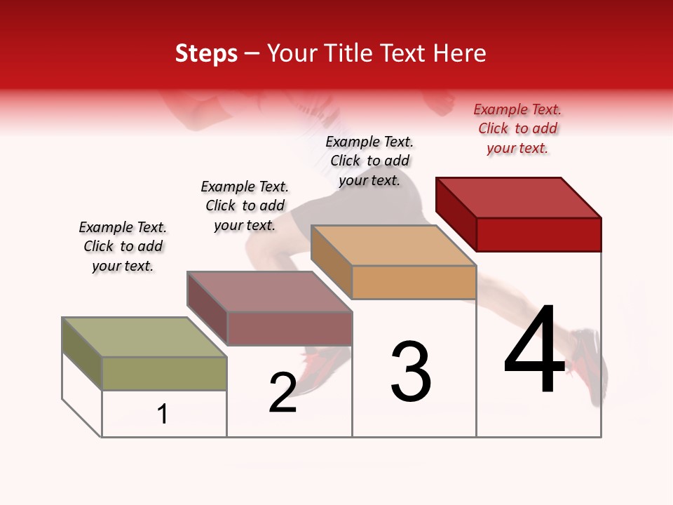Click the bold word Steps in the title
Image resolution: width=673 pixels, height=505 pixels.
pyautogui.click(x=206, y=53)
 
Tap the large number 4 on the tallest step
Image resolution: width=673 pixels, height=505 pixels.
pyautogui.click(x=534, y=349)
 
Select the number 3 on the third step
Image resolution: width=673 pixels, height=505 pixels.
pyautogui.click(x=411, y=372)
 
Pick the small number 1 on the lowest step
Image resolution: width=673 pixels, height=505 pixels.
pyautogui.click(x=163, y=414)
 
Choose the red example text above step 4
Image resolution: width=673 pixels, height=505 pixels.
pyautogui.click(x=517, y=128)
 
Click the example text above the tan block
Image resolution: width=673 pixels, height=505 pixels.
pyautogui.click(x=369, y=161)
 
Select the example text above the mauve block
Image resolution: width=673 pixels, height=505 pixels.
pyautogui.click(x=245, y=206)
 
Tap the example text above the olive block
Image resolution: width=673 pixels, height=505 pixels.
pyautogui.click(x=123, y=246)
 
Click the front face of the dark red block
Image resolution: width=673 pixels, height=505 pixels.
pyautogui.click(x=538, y=234)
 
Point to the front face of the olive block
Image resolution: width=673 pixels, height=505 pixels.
pyautogui.click(x=164, y=373)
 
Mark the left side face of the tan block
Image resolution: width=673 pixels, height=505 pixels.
pyautogui.click(x=331, y=262)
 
